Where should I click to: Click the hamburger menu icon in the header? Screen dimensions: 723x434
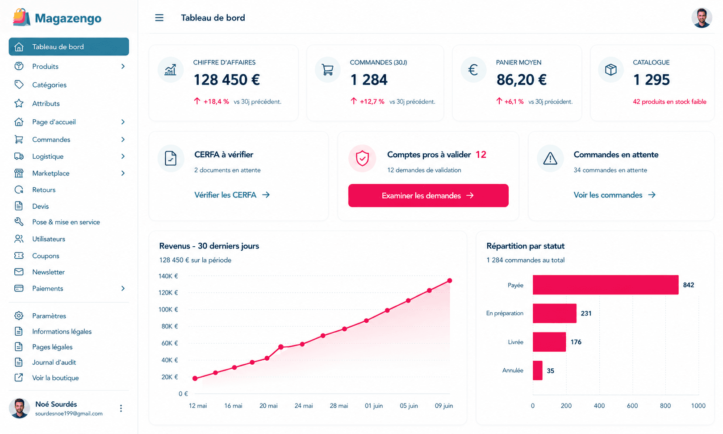(x=159, y=18)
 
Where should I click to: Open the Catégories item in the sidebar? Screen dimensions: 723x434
(x=49, y=84)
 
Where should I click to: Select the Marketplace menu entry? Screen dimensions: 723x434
(x=50, y=173)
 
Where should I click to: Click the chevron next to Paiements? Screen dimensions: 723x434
(x=123, y=288)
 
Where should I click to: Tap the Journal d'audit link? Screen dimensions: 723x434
(x=54, y=362)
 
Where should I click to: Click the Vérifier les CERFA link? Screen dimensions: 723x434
(x=232, y=195)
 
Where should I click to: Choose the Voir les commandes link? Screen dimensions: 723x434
(x=614, y=195)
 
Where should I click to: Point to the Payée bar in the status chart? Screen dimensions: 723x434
(x=606, y=285)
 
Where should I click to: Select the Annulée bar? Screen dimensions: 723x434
(x=537, y=371)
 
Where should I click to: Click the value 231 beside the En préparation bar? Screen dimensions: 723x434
(x=586, y=313)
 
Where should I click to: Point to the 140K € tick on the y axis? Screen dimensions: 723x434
(x=168, y=276)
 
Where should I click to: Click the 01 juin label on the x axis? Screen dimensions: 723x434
(x=374, y=405)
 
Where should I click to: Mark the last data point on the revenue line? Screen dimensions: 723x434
(x=450, y=281)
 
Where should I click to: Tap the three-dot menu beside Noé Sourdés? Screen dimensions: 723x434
(x=121, y=408)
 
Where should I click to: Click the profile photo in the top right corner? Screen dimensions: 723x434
(x=702, y=18)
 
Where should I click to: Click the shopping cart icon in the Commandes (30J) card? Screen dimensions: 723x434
(x=328, y=70)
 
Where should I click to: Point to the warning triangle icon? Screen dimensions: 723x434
(x=550, y=158)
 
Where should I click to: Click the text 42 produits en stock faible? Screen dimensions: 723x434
(x=669, y=102)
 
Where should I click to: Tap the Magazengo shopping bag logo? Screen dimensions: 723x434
(x=21, y=17)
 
